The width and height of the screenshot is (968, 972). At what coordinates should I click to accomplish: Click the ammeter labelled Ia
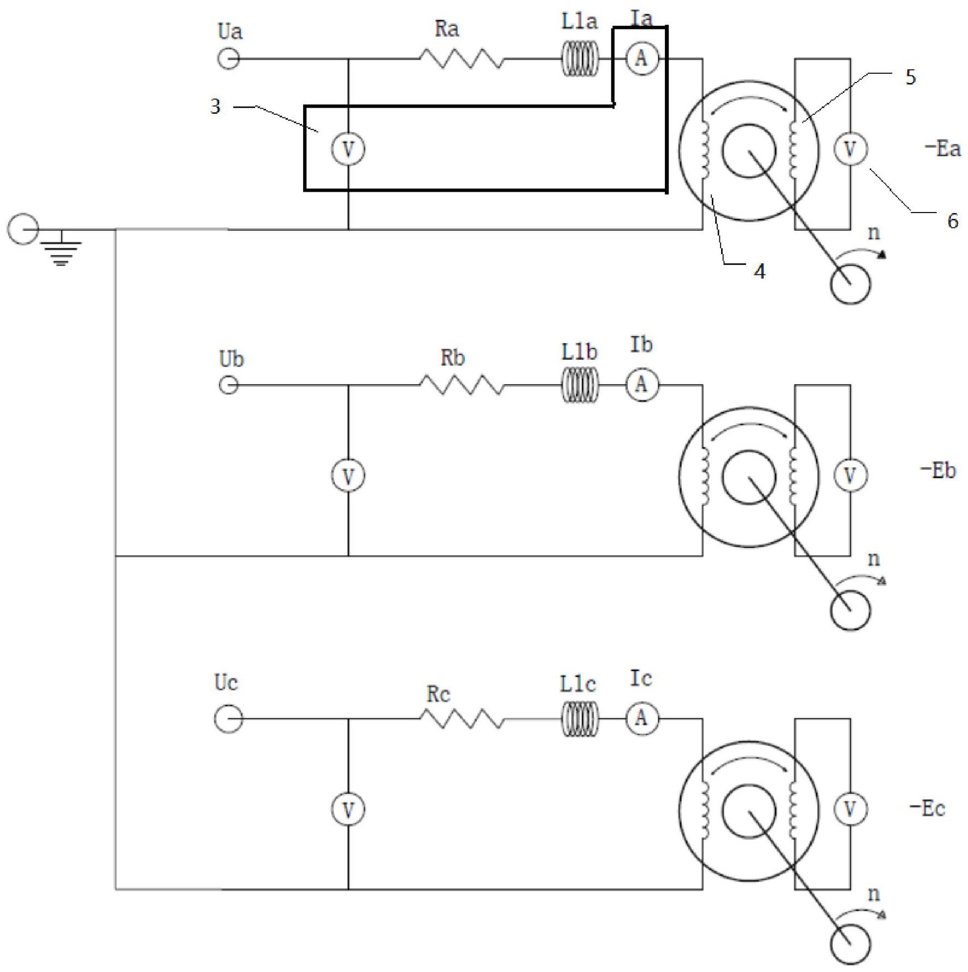click(x=642, y=58)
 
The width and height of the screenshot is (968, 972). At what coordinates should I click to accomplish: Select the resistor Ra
click(x=462, y=58)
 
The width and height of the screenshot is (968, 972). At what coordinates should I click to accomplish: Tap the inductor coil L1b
click(x=580, y=385)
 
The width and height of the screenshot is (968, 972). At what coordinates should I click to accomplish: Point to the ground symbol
click(x=61, y=249)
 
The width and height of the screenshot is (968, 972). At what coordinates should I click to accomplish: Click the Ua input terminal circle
click(x=228, y=58)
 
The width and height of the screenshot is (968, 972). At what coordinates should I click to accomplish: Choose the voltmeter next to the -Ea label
click(x=850, y=149)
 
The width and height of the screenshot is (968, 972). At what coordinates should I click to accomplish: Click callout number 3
click(x=215, y=107)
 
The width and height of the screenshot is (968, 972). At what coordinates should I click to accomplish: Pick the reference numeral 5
click(x=910, y=78)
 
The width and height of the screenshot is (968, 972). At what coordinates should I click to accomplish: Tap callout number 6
click(x=953, y=221)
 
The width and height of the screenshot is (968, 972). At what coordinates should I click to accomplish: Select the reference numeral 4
click(x=759, y=271)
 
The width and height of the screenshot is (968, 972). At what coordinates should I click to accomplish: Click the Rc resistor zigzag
click(x=462, y=718)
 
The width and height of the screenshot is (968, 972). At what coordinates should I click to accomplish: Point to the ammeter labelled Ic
click(x=642, y=718)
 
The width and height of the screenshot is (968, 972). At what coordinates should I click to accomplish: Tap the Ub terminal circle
click(x=228, y=385)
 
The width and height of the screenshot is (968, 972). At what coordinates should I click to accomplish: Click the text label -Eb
click(x=938, y=470)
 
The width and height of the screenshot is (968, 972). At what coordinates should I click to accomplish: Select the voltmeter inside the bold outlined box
click(x=348, y=149)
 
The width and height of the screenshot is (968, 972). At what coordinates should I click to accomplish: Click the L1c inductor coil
click(x=580, y=718)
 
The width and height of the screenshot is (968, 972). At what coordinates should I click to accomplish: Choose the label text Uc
click(x=226, y=683)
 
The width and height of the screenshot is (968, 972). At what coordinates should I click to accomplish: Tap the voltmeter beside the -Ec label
click(x=850, y=809)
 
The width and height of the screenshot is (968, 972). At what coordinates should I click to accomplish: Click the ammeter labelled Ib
click(x=642, y=385)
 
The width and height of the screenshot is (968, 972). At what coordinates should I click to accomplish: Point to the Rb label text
click(x=452, y=358)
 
